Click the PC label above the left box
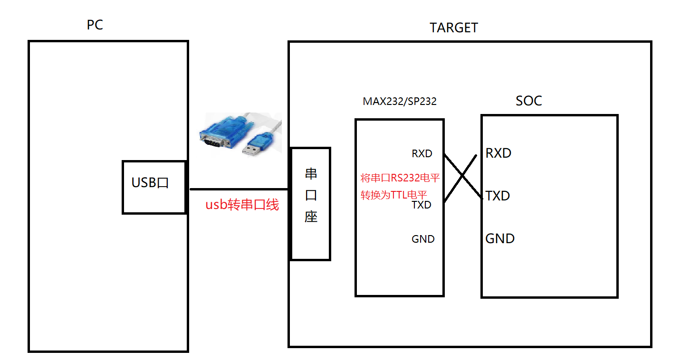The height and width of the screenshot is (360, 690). pos(95,25)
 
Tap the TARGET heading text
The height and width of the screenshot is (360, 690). pos(453,28)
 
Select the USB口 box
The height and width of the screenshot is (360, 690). pos(153,187)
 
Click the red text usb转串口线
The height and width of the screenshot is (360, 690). pos(242,205)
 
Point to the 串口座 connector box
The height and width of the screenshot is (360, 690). pos(310,204)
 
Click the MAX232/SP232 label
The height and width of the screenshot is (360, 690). pos(399,101)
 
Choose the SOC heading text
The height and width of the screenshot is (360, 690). pos(528,101)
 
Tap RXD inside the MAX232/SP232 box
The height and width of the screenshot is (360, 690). pos(422,154)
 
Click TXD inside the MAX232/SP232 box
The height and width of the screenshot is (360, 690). pos(421,205)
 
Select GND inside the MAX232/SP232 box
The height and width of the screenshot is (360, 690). pos(423,239)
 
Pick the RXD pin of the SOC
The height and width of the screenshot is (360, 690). pos(498,153)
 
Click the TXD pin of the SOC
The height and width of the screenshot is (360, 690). pos(498,196)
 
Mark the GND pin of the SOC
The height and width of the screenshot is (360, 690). pos(500,238)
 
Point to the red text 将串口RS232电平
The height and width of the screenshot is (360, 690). pos(400,179)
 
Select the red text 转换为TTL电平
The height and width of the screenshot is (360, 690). pos(393,195)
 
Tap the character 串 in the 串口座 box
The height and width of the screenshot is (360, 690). pos(311,174)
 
